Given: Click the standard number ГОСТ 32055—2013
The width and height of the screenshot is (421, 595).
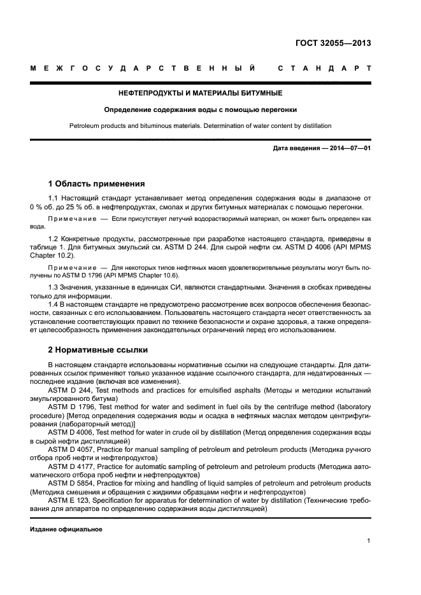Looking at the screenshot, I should click(333, 43).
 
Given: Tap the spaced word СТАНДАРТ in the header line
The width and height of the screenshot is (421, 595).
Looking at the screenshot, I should click(324, 68).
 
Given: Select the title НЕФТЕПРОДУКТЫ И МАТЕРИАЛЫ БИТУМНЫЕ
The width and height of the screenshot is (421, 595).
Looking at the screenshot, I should click(200, 94).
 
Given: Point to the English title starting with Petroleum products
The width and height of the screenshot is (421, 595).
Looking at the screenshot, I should click(200, 125).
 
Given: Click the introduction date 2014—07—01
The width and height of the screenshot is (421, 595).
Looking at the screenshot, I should click(348, 149).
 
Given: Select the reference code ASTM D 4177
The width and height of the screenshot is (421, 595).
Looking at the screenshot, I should click(69, 466).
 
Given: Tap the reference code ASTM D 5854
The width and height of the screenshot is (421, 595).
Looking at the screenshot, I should click(69, 483).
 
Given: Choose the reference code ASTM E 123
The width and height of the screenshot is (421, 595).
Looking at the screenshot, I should click(68, 500).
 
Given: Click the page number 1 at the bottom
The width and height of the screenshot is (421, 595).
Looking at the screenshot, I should click(369, 541).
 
